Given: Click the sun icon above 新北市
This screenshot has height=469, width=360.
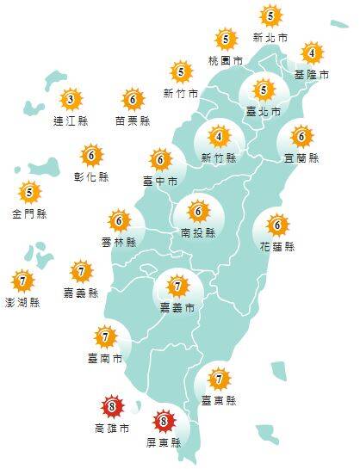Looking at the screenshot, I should coord(270,15).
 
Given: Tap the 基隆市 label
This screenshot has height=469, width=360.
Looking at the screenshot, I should coord(312,75).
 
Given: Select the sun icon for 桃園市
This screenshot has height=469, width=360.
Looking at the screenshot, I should coord(226,39).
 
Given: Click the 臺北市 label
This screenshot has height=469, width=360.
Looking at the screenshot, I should coord(264,112).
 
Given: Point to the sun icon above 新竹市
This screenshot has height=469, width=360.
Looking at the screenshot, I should coord(181,72).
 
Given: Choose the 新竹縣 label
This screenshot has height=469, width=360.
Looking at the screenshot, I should coord(219,158).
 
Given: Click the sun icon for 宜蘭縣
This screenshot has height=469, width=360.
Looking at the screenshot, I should coord(301,136).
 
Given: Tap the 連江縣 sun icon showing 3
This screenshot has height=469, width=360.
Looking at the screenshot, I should coord(71,99).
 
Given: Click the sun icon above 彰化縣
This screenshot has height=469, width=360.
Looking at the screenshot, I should coord(91,157).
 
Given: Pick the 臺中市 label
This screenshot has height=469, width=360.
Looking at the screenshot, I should coord(160,182).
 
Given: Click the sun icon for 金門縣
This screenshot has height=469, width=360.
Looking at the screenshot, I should coord(30,192).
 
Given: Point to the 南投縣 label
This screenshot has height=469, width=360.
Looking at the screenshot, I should coord(198,232).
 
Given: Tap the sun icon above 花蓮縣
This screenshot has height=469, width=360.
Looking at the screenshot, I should coord(277,225).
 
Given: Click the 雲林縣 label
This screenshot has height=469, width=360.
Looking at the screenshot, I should coord(119,243).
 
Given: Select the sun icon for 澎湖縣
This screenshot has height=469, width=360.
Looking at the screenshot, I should coord(22,280).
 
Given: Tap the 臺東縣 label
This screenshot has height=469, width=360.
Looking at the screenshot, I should coord(219,400).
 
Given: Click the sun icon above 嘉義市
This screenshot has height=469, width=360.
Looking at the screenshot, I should coord(177,286).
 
